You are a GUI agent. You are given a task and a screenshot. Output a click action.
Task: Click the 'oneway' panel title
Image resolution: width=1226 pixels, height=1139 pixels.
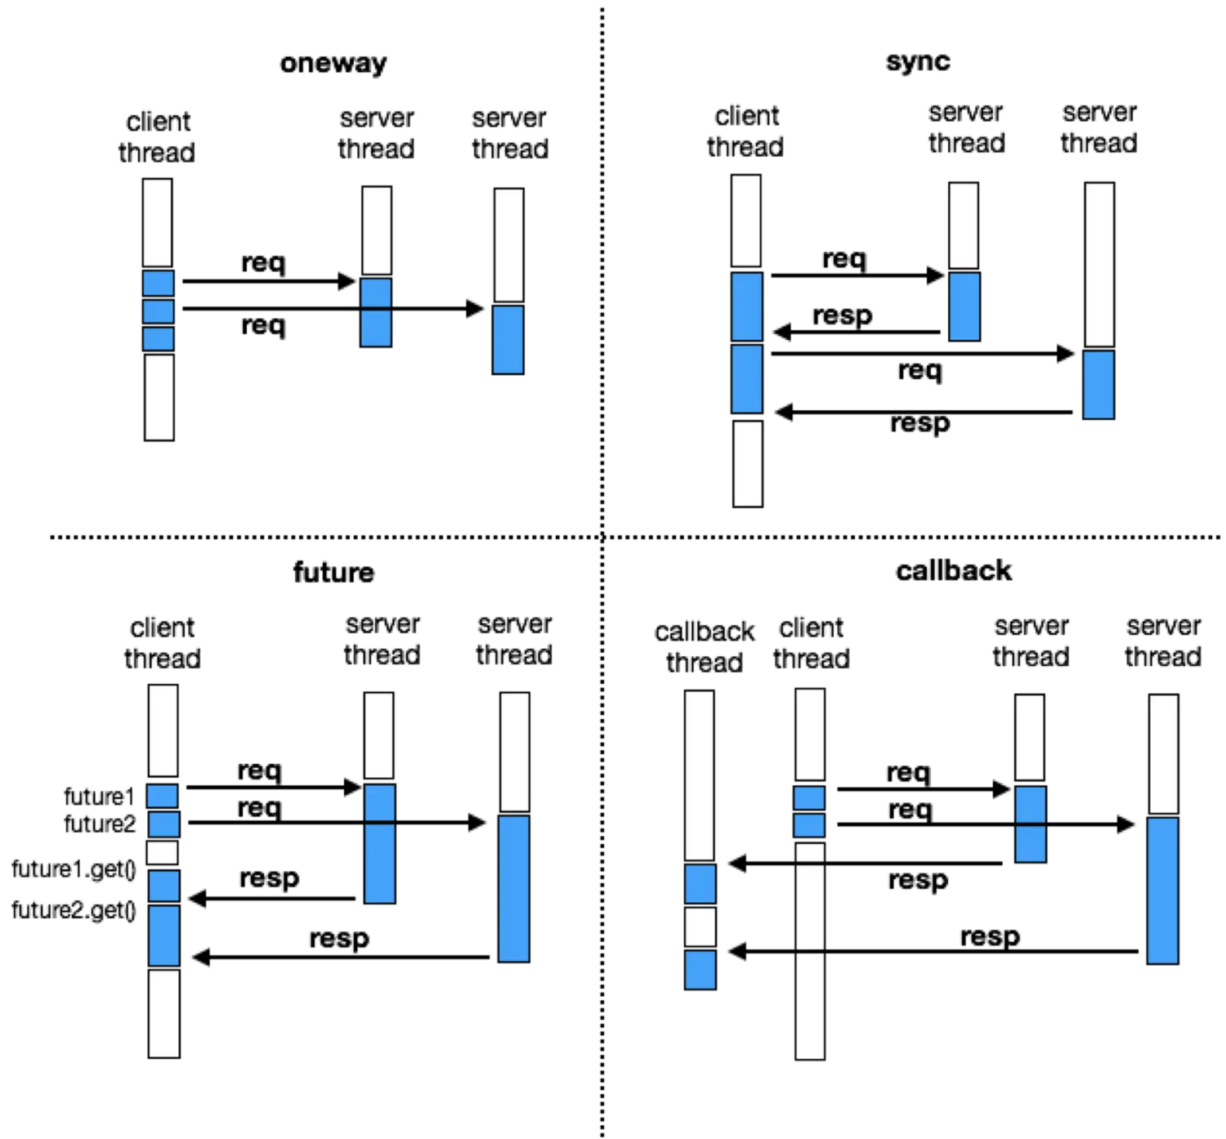tap(333, 64)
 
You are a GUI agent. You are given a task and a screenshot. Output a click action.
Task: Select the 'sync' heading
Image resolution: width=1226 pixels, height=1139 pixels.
tap(918, 61)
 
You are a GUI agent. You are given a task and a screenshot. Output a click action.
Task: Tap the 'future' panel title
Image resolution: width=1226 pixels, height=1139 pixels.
tap(333, 572)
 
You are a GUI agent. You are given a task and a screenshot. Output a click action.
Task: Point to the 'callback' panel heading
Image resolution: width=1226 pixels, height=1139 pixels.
tap(954, 570)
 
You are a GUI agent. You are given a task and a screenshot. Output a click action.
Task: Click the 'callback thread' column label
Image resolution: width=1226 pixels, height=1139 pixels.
tap(705, 647)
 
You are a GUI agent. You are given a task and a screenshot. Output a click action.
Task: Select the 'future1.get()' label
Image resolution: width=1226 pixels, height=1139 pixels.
tap(74, 869)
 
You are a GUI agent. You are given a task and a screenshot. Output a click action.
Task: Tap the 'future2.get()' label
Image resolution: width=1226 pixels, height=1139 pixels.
tap(74, 910)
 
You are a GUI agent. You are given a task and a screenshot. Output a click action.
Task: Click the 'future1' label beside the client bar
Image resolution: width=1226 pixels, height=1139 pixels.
tap(100, 797)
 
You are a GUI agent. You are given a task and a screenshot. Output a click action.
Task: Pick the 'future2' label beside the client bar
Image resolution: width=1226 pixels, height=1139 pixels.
tap(100, 824)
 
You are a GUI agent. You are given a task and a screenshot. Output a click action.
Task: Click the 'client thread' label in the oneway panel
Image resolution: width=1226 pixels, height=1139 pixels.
tap(157, 137)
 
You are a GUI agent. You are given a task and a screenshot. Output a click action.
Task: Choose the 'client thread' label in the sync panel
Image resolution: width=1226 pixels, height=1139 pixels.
tap(745, 132)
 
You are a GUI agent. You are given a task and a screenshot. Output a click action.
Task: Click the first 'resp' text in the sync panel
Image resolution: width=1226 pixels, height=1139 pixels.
tap(842, 315)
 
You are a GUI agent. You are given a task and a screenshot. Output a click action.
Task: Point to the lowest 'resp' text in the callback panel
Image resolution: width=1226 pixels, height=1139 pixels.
tap(990, 936)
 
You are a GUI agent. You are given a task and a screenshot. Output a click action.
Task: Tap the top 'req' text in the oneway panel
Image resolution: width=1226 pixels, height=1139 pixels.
tap(264, 262)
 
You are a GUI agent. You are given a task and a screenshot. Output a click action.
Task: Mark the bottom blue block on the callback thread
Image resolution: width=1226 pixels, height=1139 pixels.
tap(700, 970)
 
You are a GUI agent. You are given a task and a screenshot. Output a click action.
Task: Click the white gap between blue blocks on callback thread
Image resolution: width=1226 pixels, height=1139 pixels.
tap(700, 927)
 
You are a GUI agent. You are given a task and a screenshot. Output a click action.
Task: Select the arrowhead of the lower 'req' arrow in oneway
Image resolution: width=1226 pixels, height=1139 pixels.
tap(475, 308)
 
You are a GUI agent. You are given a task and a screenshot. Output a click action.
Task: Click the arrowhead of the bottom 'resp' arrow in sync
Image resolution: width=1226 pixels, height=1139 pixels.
tap(784, 412)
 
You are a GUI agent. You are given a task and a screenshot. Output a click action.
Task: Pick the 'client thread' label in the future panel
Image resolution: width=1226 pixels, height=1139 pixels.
tap(163, 643)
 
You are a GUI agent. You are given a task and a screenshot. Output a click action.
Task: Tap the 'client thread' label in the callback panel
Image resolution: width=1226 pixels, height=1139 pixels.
tap(811, 643)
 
